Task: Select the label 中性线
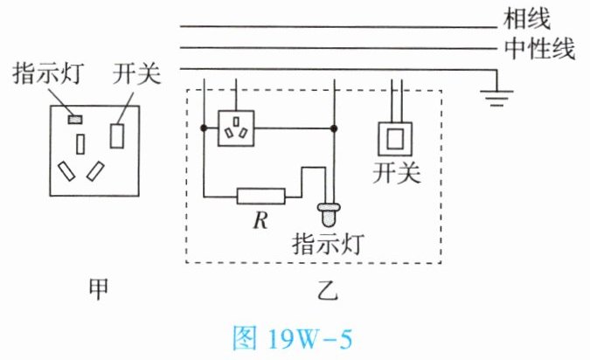tap(538, 47)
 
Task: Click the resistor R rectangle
tap(260, 196)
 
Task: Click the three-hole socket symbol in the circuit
tap(234, 128)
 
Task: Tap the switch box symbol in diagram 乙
tap(396, 136)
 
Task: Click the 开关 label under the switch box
tap(396, 173)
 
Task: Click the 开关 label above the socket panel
tap(136, 73)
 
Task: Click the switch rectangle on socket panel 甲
tap(117, 136)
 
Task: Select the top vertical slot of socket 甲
tap(80, 143)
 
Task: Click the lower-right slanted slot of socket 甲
tap(98, 170)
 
